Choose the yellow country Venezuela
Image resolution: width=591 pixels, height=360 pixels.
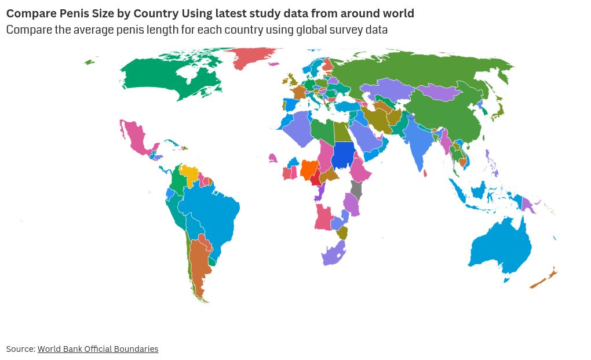[189, 172]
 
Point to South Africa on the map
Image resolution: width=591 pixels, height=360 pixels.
[333, 254]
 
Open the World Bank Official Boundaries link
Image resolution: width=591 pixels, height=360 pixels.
[98, 349]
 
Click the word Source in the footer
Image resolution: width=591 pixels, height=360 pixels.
[20, 349]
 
